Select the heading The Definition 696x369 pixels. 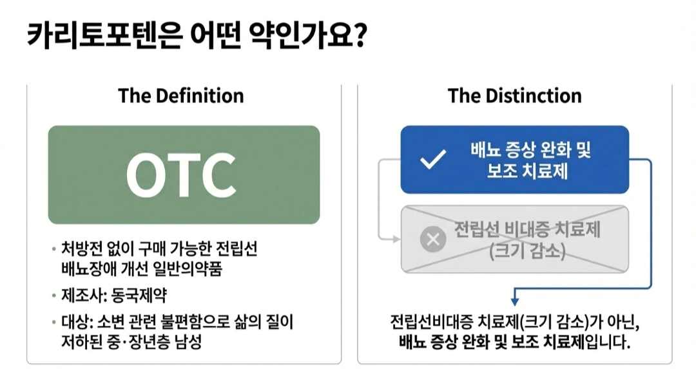pyautogui.click(x=181, y=96)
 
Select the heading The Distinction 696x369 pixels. pyautogui.click(x=514, y=96)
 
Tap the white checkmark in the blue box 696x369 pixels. pyautogui.click(x=432, y=160)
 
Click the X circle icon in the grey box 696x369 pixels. pyautogui.click(x=433, y=240)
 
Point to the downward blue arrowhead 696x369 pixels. pyautogui.click(x=514, y=299)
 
